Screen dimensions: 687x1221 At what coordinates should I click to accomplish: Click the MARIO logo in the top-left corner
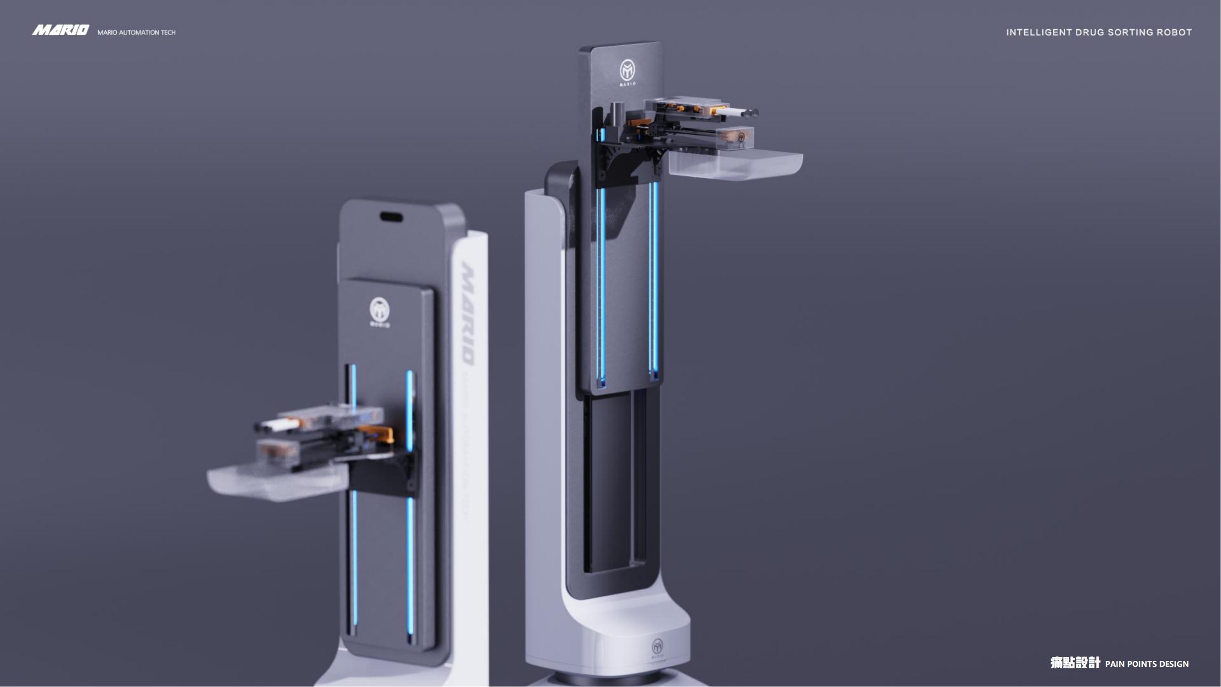pos(60,30)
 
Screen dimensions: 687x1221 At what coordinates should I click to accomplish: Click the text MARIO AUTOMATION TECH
pos(136,33)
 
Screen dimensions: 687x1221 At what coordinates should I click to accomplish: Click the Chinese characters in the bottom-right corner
pos(1074,663)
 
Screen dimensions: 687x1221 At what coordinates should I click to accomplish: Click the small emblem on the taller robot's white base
pos(657,646)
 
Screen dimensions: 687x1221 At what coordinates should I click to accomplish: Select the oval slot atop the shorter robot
pos(391,217)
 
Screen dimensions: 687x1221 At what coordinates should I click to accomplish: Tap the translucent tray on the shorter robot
pos(275,483)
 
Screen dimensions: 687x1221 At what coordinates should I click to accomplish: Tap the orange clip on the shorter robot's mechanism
pos(379,432)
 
